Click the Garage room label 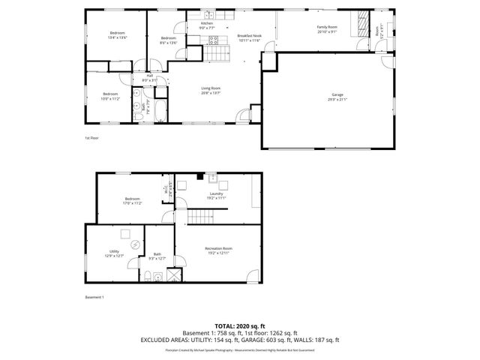coord(337,95)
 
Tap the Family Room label coord(327,28)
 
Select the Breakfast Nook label coord(249,37)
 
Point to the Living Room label coord(210,90)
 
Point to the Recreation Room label coord(218,250)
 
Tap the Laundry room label coord(216,195)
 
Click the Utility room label coord(114,253)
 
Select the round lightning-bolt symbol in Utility coord(135,245)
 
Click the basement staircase coord(200,217)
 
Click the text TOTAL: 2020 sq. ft coord(240,326)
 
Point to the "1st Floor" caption coord(91,138)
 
